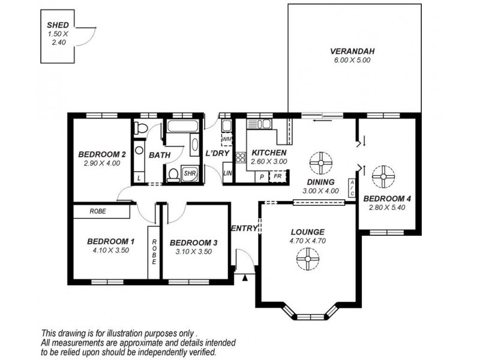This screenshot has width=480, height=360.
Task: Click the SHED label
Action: [x=58, y=25]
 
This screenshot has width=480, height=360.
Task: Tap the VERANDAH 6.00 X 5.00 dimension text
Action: [x=352, y=61]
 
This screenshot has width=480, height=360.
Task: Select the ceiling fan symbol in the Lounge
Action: [x=308, y=259]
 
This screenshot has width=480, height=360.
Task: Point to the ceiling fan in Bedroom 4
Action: [x=383, y=176]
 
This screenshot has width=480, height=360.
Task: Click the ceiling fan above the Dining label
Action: [x=320, y=163]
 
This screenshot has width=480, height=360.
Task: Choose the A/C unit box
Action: [x=352, y=188]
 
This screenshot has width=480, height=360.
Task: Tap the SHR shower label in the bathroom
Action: [x=190, y=173]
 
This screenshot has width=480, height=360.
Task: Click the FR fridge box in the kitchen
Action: [x=278, y=176]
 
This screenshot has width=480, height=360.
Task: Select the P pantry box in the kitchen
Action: [x=262, y=177]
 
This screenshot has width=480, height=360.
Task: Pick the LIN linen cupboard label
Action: [x=227, y=173]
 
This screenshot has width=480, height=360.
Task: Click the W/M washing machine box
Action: [x=227, y=139]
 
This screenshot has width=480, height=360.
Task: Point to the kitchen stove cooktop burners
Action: [x=241, y=157]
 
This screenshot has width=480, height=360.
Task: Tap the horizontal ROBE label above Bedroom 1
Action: [x=98, y=211]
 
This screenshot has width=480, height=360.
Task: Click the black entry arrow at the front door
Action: [x=245, y=278]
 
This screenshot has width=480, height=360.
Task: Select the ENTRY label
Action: [x=244, y=229]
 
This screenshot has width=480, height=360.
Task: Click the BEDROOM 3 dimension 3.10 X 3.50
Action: [x=193, y=251]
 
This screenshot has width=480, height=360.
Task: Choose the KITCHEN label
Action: [x=269, y=153]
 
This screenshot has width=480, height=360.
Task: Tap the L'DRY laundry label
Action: [x=217, y=153]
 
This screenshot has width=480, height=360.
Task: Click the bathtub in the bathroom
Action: [x=183, y=126]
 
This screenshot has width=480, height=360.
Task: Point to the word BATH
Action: [x=160, y=155]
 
